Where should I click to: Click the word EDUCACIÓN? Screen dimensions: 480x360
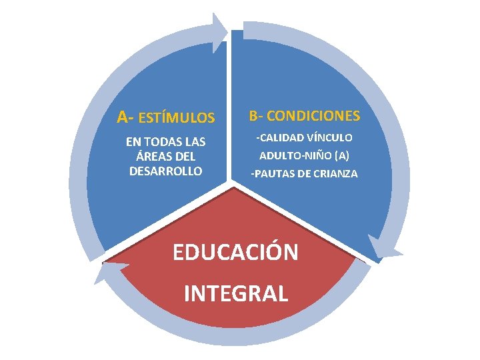click(x=235, y=252)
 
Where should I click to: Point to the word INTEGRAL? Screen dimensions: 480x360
click(x=235, y=293)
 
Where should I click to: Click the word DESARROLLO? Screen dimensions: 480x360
click(x=166, y=171)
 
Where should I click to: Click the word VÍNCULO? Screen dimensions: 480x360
click(x=329, y=138)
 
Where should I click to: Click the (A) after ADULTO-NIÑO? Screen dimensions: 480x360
click(x=341, y=155)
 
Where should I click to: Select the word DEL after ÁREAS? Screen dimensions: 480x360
click(x=185, y=157)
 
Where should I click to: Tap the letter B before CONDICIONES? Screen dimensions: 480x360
click(x=254, y=116)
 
